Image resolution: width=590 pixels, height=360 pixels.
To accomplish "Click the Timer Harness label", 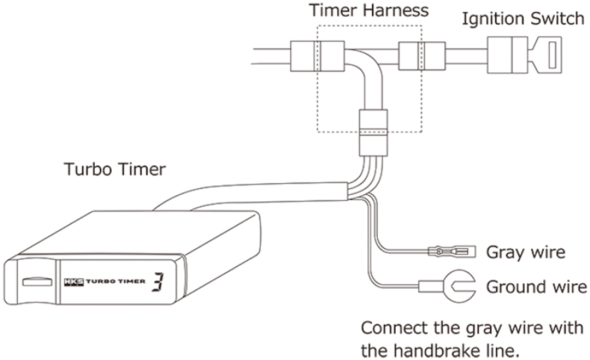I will click(x=369, y=11).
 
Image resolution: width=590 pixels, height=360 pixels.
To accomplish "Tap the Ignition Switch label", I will click(x=523, y=19).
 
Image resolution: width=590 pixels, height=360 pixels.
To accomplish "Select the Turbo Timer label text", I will click(x=114, y=170).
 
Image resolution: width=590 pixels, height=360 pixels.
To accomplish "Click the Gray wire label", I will click(x=525, y=252).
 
